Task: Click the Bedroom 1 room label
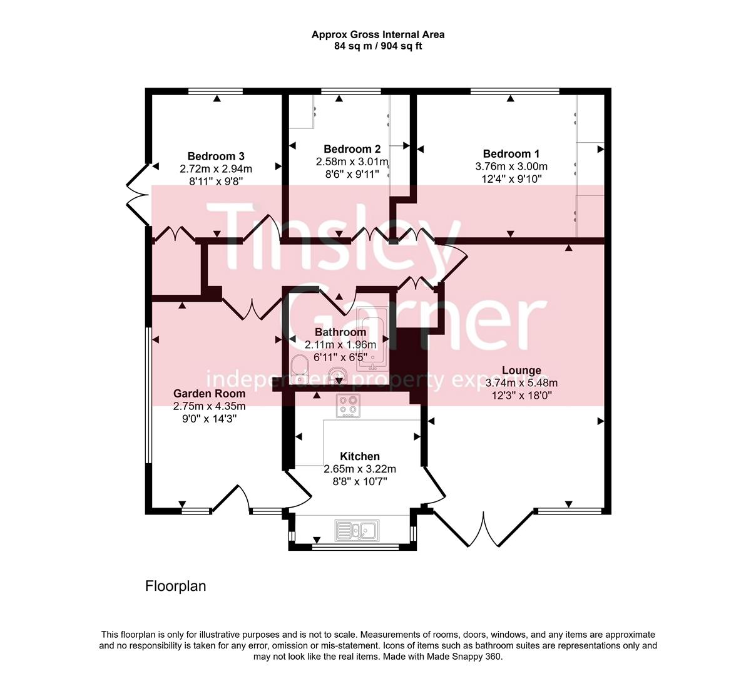click(x=511, y=154)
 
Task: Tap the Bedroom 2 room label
click(x=352, y=149)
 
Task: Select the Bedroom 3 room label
click(x=215, y=156)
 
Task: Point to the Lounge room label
click(x=521, y=371)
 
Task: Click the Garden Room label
click(x=209, y=394)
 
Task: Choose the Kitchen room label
click(x=359, y=456)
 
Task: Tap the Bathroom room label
click(x=340, y=332)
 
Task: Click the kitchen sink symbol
click(x=355, y=531)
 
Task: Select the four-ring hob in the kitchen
click(x=348, y=406)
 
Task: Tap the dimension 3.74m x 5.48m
click(x=521, y=383)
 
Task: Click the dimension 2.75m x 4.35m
click(x=209, y=406)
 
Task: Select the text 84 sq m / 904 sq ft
click(x=378, y=46)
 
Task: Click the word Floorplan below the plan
click(x=175, y=586)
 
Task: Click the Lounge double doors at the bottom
click(x=484, y=529)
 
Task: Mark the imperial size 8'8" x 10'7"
click(x=359, y=481)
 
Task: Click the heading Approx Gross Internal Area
click(x=378, y=35)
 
